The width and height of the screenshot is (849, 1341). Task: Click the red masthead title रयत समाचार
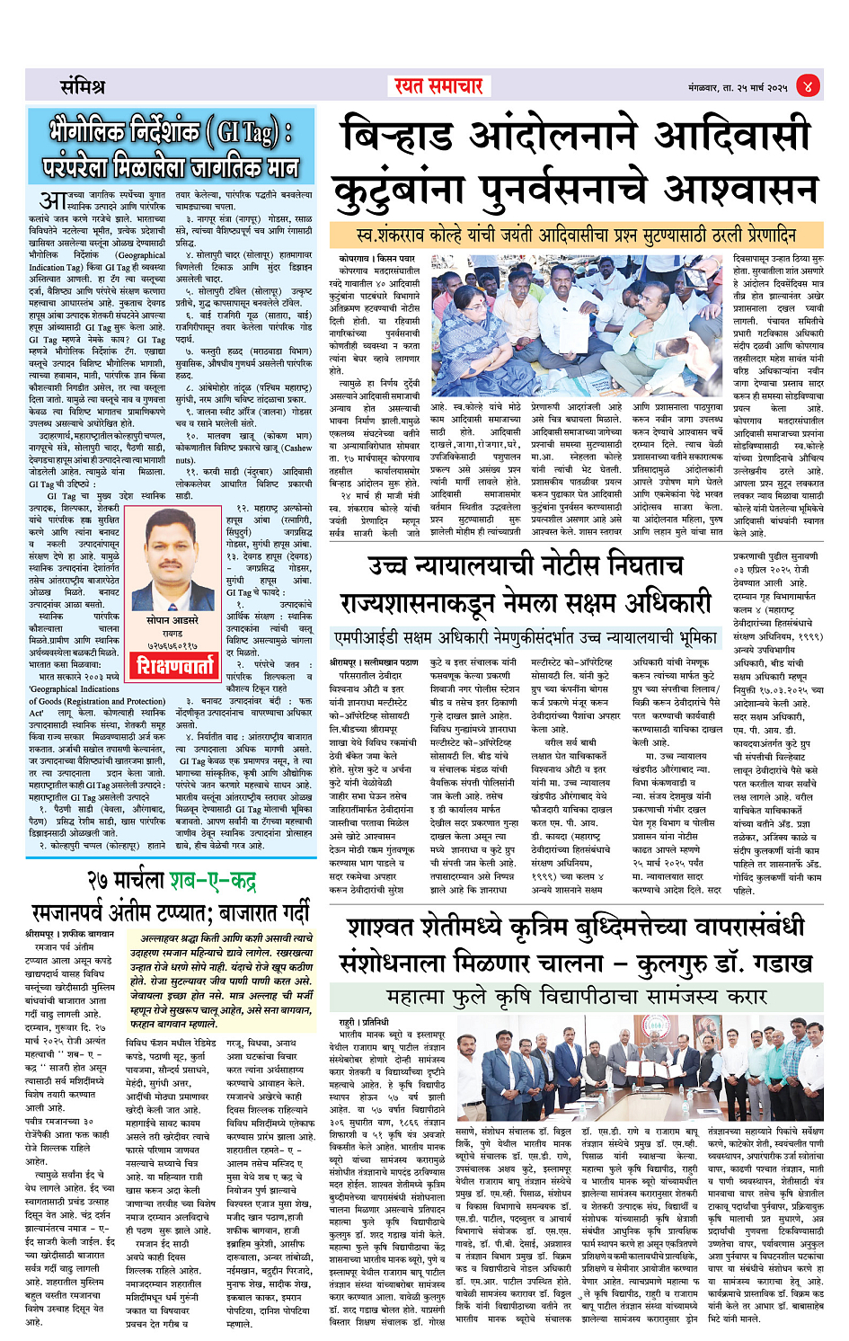pyautogui.click(x=439, y=85)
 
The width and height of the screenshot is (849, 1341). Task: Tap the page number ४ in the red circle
pyautogui.click(x=807, y=86)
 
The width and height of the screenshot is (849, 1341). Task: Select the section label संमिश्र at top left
pyautogui.click(x=83, y=87)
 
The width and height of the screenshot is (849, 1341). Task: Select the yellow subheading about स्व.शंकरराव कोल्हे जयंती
pyautogui.click(x=576, y=235)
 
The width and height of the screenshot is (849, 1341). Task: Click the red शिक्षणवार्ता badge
pyautogui.click(x=175, y=665)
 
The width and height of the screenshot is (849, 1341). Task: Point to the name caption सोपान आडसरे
pyautogui.click(x=172, y=620)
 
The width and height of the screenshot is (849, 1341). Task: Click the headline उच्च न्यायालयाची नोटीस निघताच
pyautogui.click(x=526, y=566)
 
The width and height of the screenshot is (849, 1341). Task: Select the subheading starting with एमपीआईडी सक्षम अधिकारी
pyautogui.click(x=525, y=637)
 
